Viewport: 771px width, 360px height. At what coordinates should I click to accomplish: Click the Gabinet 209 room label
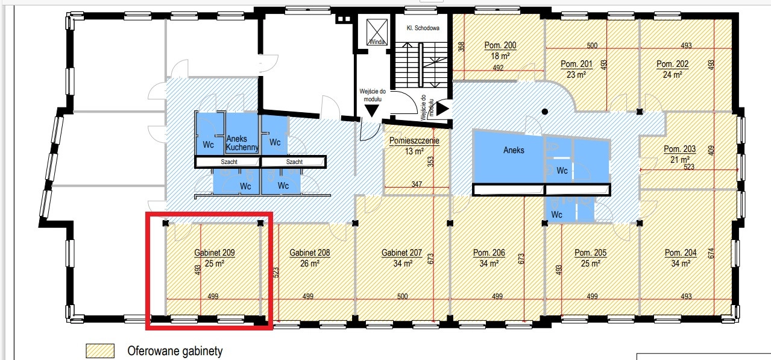215,253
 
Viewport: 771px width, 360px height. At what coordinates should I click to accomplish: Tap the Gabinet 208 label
309,253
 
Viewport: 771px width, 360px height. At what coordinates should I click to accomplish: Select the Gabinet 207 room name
401,253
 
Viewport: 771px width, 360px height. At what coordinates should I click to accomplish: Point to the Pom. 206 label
489,253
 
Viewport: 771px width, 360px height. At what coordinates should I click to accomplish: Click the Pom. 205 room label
590,253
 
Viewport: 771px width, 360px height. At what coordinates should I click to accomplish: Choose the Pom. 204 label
681,253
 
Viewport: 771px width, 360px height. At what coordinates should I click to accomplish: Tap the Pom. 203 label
679,149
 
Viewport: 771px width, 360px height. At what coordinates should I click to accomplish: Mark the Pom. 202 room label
672,64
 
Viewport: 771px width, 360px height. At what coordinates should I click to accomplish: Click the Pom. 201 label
576,64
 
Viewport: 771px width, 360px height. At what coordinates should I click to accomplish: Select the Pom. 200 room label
500,45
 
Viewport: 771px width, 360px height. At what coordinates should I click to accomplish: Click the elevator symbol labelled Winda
377,32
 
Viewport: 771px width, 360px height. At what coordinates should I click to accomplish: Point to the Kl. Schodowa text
423,28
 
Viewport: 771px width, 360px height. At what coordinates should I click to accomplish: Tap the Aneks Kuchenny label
242,143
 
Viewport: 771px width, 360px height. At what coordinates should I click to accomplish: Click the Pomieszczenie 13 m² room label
414,145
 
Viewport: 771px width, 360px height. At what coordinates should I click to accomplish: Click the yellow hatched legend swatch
100,351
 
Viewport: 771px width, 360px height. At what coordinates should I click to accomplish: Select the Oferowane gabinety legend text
175,351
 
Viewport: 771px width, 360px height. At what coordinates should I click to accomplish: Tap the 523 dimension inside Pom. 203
689,166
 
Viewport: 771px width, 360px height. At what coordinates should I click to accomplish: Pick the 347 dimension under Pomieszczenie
417,184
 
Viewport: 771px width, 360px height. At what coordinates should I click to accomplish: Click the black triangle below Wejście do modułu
372,111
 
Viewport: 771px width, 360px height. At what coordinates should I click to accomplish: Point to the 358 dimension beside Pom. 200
461,46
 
